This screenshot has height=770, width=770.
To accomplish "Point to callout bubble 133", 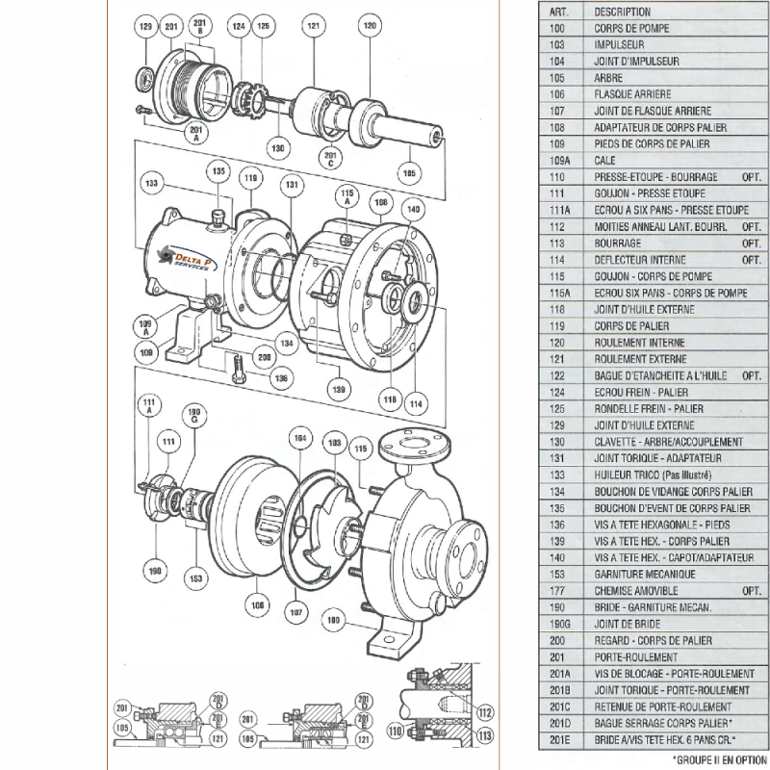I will point(150,181).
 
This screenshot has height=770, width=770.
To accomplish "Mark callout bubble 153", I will point(195,577).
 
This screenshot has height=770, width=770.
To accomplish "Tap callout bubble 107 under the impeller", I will point(295,611).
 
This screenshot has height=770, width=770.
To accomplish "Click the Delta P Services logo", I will point(189,257).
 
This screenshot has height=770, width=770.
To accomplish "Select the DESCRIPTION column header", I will point(622,12).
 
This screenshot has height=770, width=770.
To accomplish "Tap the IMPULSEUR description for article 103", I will point(619,44).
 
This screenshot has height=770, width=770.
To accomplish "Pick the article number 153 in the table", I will point(555,574).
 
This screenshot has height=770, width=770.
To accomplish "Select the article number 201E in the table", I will point(556,738).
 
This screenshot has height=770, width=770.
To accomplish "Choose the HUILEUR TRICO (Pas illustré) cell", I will point(653,475).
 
